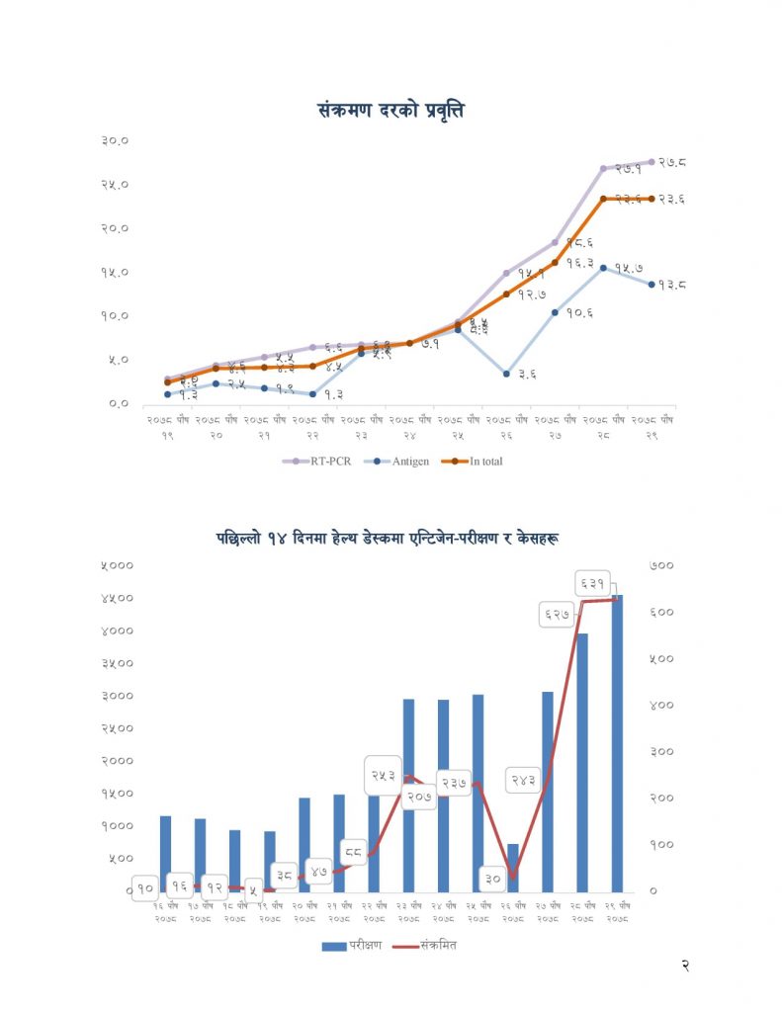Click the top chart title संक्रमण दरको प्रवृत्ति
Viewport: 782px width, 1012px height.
pyautogui.click(x=391, y=110)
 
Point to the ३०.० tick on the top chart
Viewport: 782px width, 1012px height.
pyautogui.click(x=117, y=140)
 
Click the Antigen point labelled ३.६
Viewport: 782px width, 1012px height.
pyautogui.click(x=506, y=374)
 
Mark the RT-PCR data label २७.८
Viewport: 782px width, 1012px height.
pyautogui.click(x=672, y=162)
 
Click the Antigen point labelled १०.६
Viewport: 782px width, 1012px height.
pyautogui.click(x=555, y=312)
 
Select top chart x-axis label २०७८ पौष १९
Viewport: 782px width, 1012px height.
pyautogui.click(x=167, y=426)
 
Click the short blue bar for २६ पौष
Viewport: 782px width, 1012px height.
pyautogui.click(x=512, y=867)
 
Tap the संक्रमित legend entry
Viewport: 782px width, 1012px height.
pyautogui.click(x=425, y=946)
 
